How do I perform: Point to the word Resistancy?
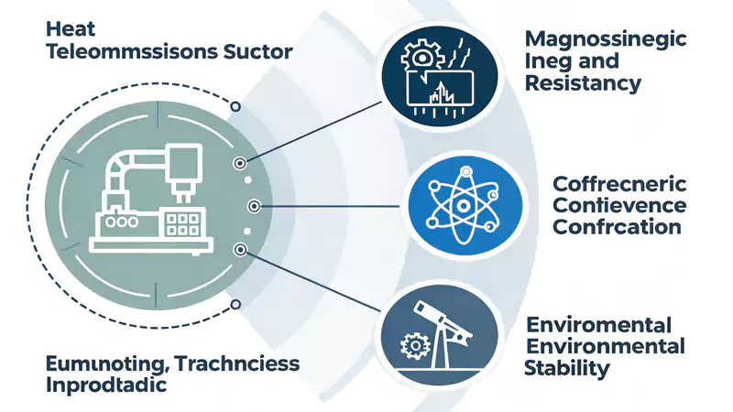583,84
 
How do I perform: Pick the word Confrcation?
617,226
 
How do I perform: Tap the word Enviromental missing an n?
599,325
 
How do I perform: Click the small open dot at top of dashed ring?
235,106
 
